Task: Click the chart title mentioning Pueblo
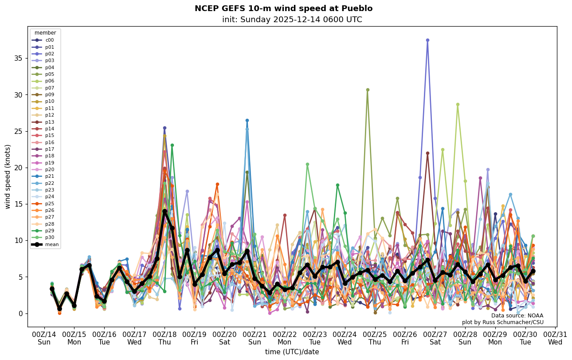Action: click(x=283, y=8)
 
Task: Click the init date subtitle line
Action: click(x=292, y=20)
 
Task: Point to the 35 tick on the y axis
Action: click(x=20, y=58)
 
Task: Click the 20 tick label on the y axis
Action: click(x=20, y=168)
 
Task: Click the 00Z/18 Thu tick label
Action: click(x=165, y=338)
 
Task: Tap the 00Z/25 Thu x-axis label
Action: click(x=375, y=338)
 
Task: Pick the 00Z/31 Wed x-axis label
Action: click(x=555, y=338)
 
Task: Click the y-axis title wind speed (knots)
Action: click(x=8, y=176)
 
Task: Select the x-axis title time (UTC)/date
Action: click(x=292, y=352)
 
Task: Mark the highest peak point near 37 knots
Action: click(x=427, y=40)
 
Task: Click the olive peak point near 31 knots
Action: click(x=368, y=90)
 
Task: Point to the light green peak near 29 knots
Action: click(x=458, y=105)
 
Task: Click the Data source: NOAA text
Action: click(x=517, y=316)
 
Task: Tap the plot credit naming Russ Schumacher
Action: click(x=502, y=322)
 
